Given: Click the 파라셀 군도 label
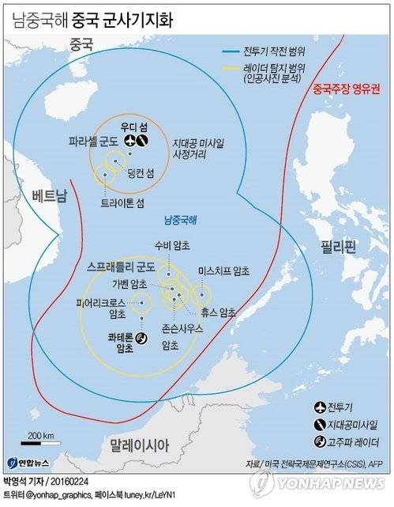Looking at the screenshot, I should pos(93,141).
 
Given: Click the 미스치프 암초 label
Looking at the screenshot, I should pos(223,271).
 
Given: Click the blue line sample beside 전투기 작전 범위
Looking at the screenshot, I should pos(235,51).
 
